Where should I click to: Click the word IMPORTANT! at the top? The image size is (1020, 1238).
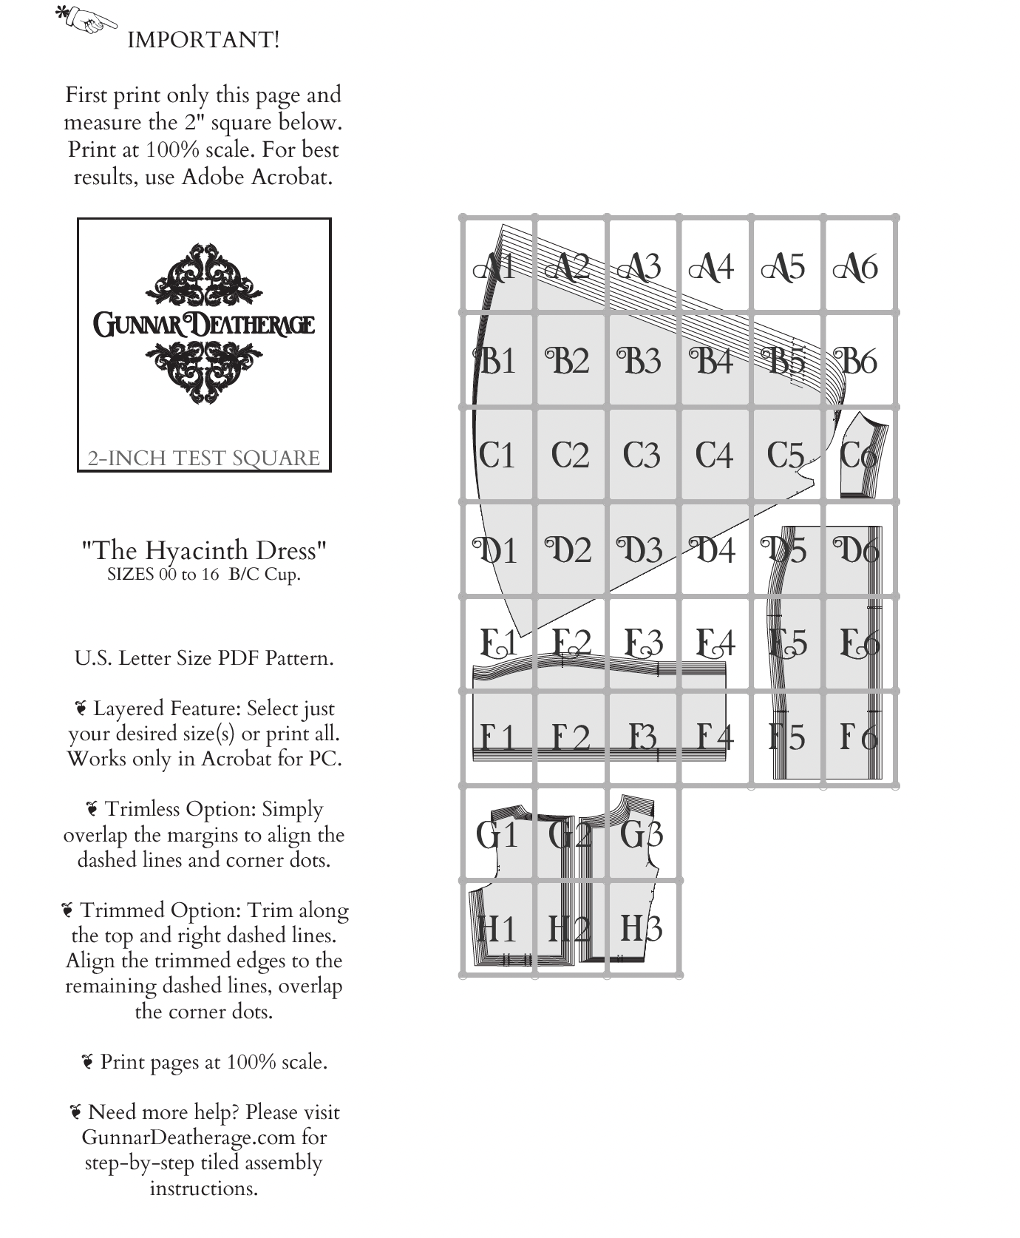203,40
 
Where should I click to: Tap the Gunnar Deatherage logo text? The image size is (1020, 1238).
204,325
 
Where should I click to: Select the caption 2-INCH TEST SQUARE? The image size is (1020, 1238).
204,459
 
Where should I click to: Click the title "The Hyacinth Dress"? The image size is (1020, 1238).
204,550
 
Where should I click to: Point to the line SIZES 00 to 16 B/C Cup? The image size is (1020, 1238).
204,575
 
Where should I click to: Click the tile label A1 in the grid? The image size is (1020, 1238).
494,267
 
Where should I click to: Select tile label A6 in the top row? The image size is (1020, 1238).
856,267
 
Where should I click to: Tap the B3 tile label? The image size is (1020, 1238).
639,361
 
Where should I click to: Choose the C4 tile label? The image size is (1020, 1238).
714,455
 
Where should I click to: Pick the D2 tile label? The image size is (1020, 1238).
568,550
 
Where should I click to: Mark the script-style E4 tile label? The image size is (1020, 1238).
715,642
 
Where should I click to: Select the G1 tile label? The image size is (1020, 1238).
496,835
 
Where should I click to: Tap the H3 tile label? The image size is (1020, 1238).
641,928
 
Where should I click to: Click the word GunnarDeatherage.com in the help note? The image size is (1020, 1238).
204,1137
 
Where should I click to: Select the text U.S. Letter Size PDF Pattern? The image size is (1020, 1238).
204,658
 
